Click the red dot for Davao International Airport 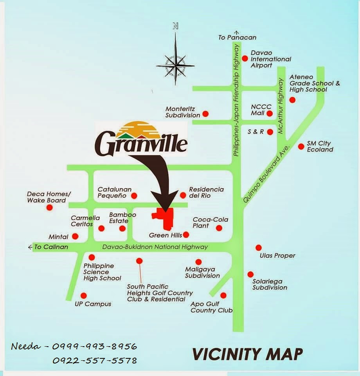[x=245, y=58]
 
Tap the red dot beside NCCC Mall [x=269, y=114]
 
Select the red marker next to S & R [x=270, y=132]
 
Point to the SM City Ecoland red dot [x=301, y=146]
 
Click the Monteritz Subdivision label [x=183, y=112]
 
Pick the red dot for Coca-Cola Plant [x=219, y=228]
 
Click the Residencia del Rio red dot [x=183, y=195]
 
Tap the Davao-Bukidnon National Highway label [x=155, y=247]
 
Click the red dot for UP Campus [x=83, y=296]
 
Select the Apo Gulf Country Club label [x=211, y=307]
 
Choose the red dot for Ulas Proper [x=258, y=248]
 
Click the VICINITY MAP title [x=248, y=354]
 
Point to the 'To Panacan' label [x=237, y=38]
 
